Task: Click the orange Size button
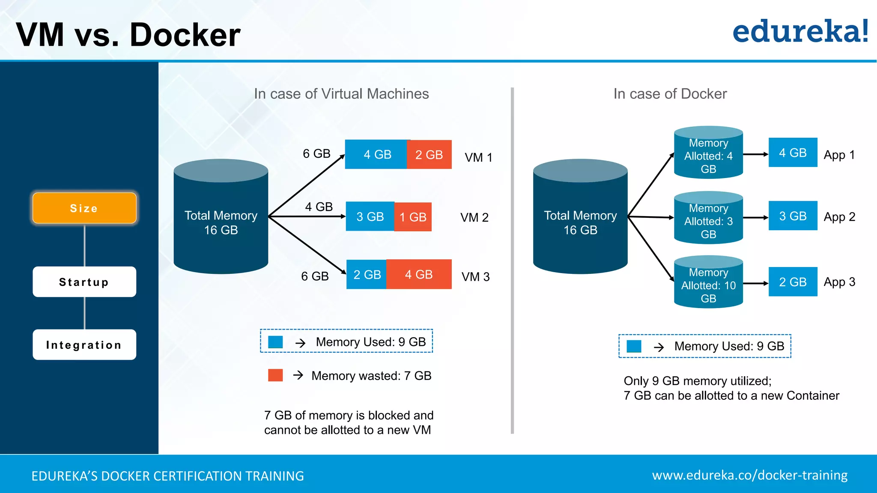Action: tap(84, 208)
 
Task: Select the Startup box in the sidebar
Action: tap(84, 282)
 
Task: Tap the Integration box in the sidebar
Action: tap(84, 345)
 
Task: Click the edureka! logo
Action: tap(800, 32)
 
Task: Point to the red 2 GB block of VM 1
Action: tap(429, 154)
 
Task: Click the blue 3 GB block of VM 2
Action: tap(370, 217)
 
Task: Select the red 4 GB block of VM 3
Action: tap(418, 274)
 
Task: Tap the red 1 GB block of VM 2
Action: tap(412, 217)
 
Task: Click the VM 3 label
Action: tap(475, 277)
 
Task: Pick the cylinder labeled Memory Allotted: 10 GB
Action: tap(708, 282)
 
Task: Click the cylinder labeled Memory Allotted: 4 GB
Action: tap(708, 153)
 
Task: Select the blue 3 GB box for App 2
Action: tap(793, 216)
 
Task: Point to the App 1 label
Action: tap(839, 154)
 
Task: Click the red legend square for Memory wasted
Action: tap(275, 375)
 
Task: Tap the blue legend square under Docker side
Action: tap(634, 346)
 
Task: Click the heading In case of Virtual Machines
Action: tap(341, 94)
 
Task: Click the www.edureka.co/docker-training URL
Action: tap(749, 475)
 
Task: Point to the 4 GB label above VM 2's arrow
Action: tap(319, 207)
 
